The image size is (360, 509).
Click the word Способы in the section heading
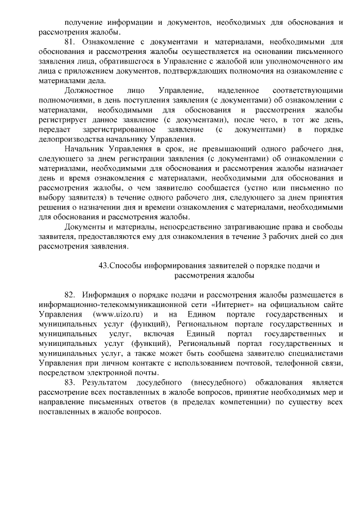point(124,265)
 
